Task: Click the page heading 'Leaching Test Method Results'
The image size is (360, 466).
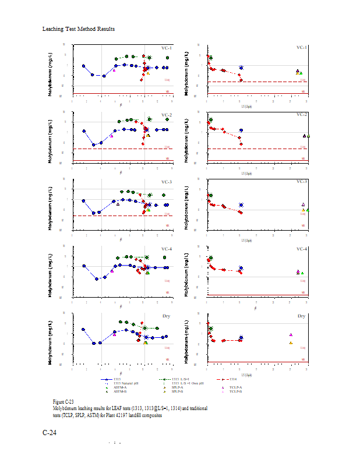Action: [78, 29]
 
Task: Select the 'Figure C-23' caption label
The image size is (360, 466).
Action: [63, 402]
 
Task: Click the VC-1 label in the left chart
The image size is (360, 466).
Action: [167, 48]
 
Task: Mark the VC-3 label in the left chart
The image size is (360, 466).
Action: [167, 182]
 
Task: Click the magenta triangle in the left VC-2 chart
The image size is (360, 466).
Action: [111, 136]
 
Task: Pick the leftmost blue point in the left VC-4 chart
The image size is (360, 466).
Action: [84, 266]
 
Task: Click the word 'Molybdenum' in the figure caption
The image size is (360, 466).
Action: [65, 409]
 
